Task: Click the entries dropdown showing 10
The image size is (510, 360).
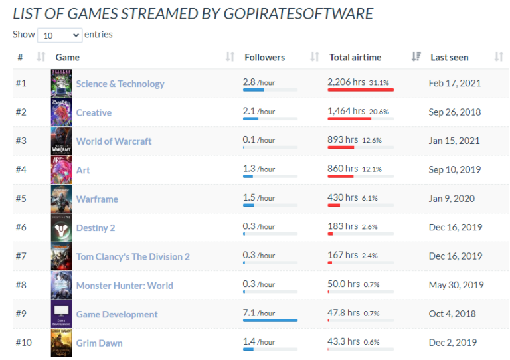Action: (x=59, y=35)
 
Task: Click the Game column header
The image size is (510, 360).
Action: (x=67, y=57)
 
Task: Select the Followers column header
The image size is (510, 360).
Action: (x=264, y=57)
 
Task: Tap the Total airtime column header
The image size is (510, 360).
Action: (x=355, y=57)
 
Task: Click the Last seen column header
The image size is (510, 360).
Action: (x=449, y=57)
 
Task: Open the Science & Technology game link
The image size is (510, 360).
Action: (x=120, y=84)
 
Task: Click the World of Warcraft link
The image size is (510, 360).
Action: (x=114, y=141)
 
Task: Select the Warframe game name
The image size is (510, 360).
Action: (x=97, y=199)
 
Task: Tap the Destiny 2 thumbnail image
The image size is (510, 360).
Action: (x=61, y=228)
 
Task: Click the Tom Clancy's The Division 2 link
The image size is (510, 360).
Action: (x=133, y=256)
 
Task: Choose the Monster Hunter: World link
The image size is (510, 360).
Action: (x=124, y=286)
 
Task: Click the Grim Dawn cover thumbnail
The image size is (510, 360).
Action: (x=61, y=343)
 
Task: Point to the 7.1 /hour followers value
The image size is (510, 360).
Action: (x=259, y=313)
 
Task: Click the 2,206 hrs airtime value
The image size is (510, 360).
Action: (x=346, y=82)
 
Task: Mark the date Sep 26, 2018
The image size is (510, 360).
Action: (x=455, y=112)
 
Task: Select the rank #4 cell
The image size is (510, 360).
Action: (x=21, y=169)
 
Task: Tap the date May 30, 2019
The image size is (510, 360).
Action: (x=456, y=284)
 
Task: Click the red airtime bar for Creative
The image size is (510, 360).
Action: (x=349, y=119)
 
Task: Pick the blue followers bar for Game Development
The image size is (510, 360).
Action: (x=270, y=320)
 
